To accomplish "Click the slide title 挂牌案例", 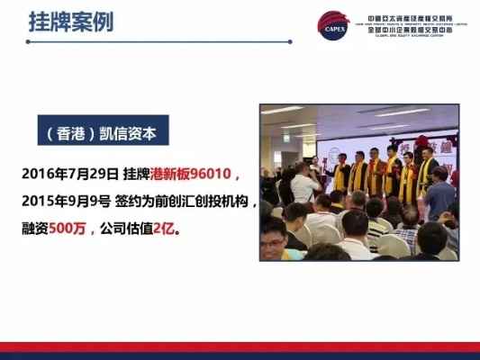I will [71, 22].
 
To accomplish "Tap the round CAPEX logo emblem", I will [332, 25].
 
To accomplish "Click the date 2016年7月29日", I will [68, 172].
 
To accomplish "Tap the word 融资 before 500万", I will [35, 229].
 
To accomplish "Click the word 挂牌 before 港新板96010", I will [136, 172].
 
